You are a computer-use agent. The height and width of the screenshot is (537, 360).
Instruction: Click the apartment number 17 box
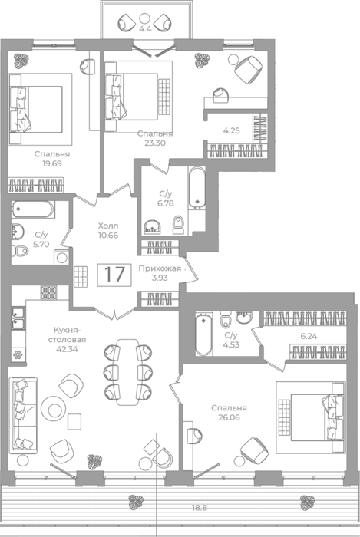pyautogui.click(x=114, y=275)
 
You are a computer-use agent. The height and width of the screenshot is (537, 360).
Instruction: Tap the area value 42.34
pyautogui.click(x=68, y=349)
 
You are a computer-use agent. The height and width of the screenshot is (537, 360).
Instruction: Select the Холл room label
pyautogui.click(x=108, y=226)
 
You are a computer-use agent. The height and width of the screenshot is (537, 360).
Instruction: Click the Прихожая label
pyautogui.click(x=160, y=268)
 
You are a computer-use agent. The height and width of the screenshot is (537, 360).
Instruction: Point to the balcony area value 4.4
pyautogui.click(x=145, y=29)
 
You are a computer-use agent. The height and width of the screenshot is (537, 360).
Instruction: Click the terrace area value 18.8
pyautogui.click(x=200, y=508)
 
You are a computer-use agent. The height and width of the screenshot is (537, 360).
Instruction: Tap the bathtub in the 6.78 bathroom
pyautogui.click(x=197, y=187)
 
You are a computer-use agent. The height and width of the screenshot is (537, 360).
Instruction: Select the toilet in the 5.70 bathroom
pyautogui.click(x=20, y=251)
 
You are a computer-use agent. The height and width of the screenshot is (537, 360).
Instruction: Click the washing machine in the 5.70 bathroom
pyautogui.click(x=61, y=257)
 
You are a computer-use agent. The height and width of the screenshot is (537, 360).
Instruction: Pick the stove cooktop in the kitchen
pyautogui.click(x=49, y=292)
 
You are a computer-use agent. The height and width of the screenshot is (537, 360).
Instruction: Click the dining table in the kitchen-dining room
pyautogui.click(x=128, y=372)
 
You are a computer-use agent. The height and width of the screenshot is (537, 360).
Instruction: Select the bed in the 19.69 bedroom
pyautogui.click(x=36, y=109)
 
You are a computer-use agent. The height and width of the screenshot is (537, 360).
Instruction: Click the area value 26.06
pyautogui.click(x=229, y=417)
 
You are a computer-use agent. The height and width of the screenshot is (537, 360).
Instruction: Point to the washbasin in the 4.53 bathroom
pyautogui.click(x=244, y=317)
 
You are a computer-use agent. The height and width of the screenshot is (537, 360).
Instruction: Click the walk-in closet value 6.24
pyautogui.click(x=309, y=336)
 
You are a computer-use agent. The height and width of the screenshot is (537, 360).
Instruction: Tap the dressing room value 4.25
pyautogui.click(x=232, y=130)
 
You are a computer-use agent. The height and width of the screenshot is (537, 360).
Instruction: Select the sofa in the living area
pyautogui.click(x=23, y=415)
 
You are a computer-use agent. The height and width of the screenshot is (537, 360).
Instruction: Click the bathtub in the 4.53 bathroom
pyautogui.click(x=204, y=334)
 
